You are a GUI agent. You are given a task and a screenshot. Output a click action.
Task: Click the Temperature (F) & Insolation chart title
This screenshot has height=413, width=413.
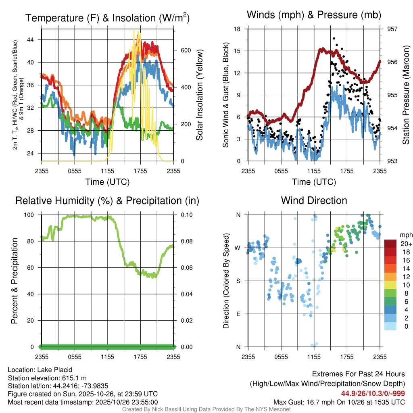(107, 18)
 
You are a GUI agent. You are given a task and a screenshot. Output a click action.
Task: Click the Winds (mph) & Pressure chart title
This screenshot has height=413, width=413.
(314, 15)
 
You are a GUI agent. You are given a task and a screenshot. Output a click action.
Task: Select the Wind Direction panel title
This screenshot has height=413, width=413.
(314, 200)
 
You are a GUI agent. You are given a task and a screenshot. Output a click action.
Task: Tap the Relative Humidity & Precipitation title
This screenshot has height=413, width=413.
(107, 200)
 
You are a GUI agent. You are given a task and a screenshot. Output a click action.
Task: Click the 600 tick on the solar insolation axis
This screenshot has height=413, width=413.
(185, 50)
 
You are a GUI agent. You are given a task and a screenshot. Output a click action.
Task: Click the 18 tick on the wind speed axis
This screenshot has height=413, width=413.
(237, 29)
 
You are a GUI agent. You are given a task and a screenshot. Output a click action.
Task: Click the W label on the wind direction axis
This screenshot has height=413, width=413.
(238, 248)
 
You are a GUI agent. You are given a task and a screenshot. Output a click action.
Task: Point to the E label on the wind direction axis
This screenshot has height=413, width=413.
(238, 314)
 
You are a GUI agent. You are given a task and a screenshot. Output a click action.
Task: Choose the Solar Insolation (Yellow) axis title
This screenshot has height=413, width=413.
(199, 95)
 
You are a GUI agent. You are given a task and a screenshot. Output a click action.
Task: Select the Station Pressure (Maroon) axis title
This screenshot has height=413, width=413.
(406, 95)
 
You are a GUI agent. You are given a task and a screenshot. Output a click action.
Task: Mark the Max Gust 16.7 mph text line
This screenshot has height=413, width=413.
(339, 402)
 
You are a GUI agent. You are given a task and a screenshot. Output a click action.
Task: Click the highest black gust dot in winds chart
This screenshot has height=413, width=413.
(334, 38)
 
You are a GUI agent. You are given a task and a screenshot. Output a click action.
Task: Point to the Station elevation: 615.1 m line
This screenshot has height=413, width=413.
(47, 378)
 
